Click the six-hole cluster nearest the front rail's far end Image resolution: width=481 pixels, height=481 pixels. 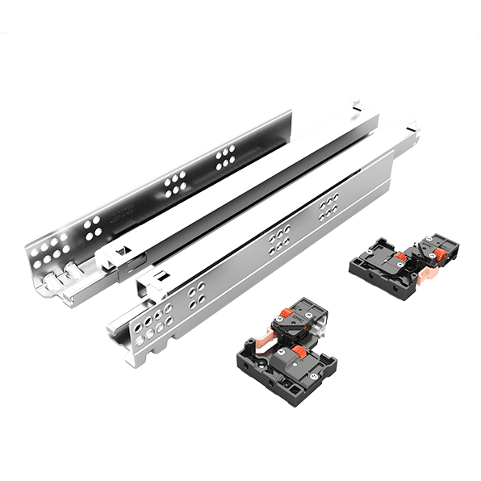pos(327,207)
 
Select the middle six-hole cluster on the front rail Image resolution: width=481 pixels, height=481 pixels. pos(279,236)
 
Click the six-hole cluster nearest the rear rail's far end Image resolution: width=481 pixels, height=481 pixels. pos(224,157)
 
